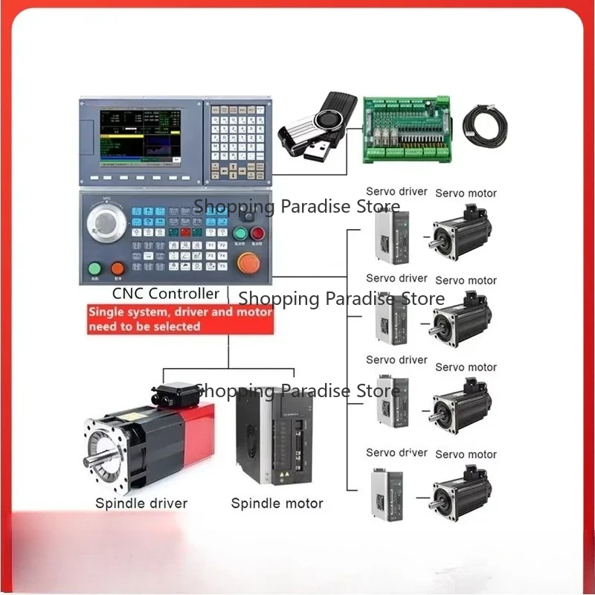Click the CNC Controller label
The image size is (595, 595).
pos(166,293)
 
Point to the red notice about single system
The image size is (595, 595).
pos(181,319)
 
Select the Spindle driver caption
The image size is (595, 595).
pos(141,504)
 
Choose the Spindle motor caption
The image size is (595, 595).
pos(277,504)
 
